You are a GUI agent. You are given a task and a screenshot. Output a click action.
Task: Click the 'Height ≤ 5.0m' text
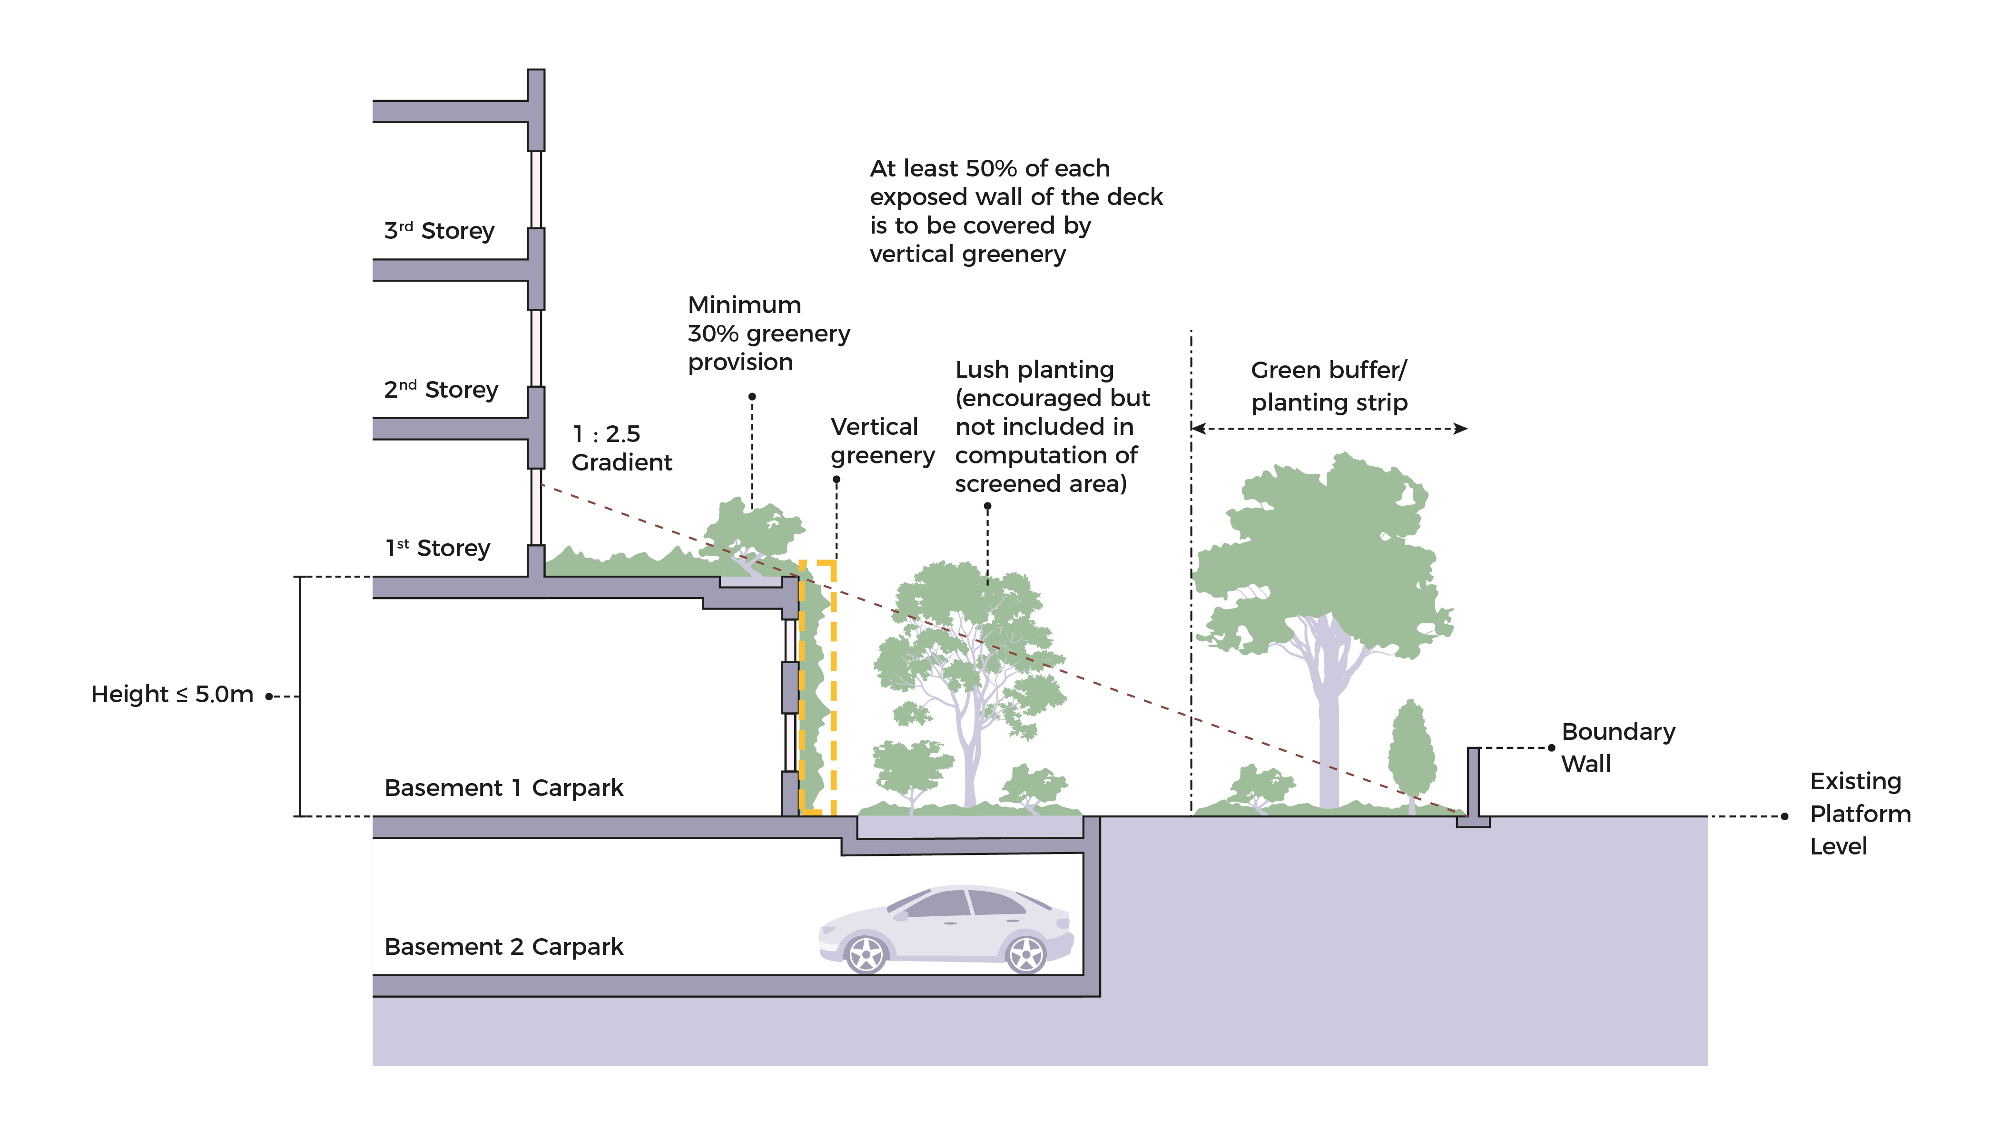(x=172, y=694)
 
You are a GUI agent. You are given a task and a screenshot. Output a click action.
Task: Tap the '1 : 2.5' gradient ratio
(x=606, y=434)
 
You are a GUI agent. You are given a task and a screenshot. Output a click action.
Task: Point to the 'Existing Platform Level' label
(x=1860, y=813)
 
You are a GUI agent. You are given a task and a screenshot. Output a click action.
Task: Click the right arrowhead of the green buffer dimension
(x=1461, y=429)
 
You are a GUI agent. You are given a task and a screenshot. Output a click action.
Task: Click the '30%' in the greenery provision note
(x=713, y=334)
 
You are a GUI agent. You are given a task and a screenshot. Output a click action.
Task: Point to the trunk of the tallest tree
(x=1329, y=733)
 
